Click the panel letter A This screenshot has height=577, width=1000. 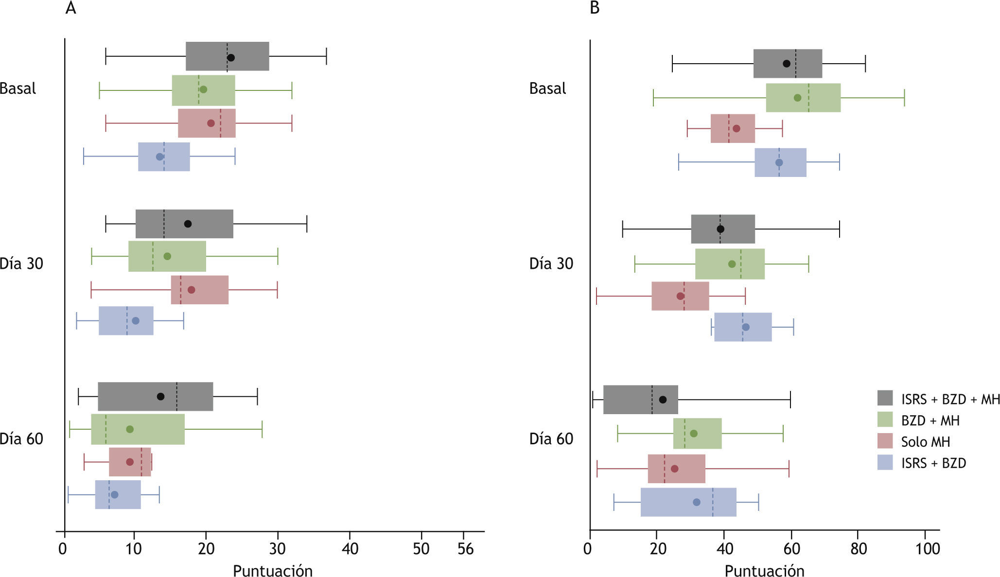70,9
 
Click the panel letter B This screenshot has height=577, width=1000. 595,9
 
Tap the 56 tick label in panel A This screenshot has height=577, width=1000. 465,549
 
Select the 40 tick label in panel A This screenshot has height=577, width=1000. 350,549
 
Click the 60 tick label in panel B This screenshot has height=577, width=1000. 791,549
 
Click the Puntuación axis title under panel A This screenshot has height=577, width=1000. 273,570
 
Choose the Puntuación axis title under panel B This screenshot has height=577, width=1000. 764,570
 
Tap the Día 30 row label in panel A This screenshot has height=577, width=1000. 21,263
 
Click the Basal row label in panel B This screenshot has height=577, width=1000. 547,88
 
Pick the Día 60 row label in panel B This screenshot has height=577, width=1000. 551,439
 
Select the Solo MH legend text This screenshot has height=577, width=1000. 925,442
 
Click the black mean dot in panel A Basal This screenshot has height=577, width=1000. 231,57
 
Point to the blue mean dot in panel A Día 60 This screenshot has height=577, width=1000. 115,495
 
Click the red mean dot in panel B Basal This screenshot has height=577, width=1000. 737,128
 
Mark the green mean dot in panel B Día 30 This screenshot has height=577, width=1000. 732,264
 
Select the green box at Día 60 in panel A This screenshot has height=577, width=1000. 138,429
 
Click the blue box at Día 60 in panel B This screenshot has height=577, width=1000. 688,502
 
